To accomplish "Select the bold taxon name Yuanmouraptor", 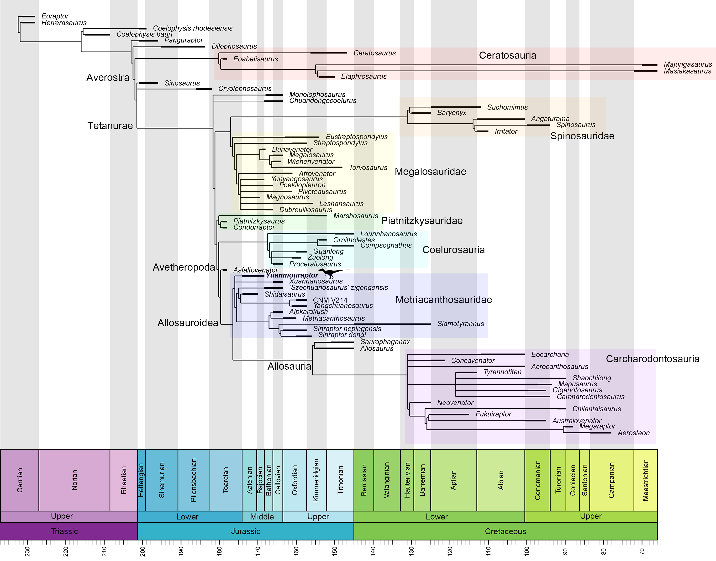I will click(x=292, y=275).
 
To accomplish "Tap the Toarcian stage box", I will click(x=225, y=480).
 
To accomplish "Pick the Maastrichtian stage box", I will click(x=645, y=480).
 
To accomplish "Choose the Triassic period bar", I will click(x=65, y=531).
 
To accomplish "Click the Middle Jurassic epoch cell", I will click(x=262, y=516).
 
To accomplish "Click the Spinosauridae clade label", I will click(x=582, y=136).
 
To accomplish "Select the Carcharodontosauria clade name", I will click(x=652, y=359).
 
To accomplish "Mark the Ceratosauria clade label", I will click(x=507, y=55).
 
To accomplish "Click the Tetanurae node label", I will click(x=110, y=126).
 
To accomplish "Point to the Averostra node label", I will click(x=108, y=78).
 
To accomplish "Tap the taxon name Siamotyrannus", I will click(x=460, y=324).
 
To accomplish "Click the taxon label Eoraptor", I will click(x=55, y=16).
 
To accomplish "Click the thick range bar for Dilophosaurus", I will click(x=183, y=47).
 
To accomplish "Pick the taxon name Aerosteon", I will click(x=634, y=433).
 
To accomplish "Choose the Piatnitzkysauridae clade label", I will click(x=422, y=221).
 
